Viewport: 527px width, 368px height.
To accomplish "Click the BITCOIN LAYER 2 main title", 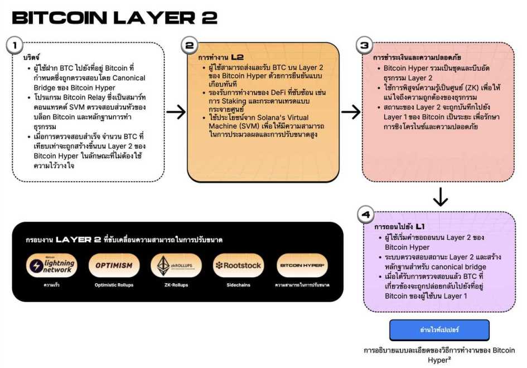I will [x=114, y=17].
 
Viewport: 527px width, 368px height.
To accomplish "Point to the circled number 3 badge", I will [x=365, y=45].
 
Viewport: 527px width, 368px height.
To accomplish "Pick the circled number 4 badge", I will [x=365, y=215].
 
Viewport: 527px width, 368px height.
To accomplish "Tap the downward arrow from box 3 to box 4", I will [x=441, y=196].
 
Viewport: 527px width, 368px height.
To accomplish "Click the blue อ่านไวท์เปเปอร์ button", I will [x=439, y=330].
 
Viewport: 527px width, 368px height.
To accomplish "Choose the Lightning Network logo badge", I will [x=51, y=265].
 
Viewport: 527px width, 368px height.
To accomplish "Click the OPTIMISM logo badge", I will [x=114, y=265].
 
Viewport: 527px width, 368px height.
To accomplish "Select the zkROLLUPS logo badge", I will [x=176, y=265].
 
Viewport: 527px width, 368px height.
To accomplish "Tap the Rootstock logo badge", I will [x=239, y=265].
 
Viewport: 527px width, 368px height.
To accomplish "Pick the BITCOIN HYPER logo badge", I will [x=302, y=265].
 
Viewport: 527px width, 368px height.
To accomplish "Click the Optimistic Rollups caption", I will [x=114, y=285].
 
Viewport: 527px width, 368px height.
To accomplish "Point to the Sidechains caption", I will [x=239, y=285].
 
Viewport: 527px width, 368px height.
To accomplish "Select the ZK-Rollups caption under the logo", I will [x=176, y=285].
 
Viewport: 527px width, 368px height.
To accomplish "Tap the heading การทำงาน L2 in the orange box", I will [x=221, y=57].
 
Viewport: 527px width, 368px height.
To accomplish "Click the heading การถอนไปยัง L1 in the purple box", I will [x=398, y=227].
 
